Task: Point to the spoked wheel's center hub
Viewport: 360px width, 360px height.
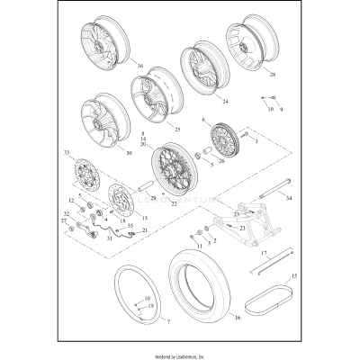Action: click(169, 169)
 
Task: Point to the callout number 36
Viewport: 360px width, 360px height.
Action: click(139, 66)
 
